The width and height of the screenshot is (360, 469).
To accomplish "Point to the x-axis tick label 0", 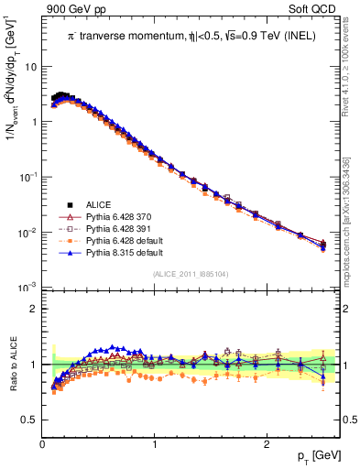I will [42, 444].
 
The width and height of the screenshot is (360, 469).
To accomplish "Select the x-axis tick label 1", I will [154, 444].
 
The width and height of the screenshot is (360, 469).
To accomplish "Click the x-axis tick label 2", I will [266, 444].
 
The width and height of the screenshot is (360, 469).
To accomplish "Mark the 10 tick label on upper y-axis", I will [30, 67].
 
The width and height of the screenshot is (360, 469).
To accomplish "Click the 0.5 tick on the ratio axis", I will [29, 420].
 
